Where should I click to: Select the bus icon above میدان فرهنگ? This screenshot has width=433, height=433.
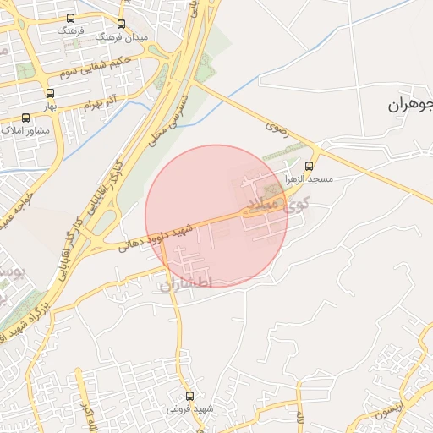click(122, 24)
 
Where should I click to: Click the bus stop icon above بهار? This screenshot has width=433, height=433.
click(50, 94)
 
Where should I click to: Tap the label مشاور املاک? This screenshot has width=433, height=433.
click(26, 130)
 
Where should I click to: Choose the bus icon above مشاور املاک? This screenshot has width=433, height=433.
click(25, 118)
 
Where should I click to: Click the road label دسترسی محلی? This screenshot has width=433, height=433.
click(167, 116)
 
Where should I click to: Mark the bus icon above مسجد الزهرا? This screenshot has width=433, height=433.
click(309, 166)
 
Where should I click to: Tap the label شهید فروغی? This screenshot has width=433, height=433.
click(189, 409)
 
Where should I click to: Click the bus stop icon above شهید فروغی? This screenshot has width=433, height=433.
click(189, 396)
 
